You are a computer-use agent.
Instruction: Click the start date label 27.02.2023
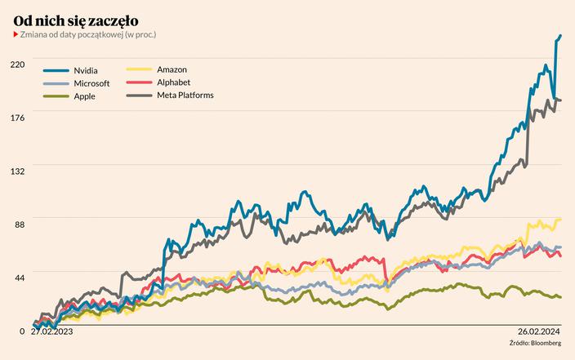tap(51, 331)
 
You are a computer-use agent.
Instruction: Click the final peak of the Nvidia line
tap(560, 36)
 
